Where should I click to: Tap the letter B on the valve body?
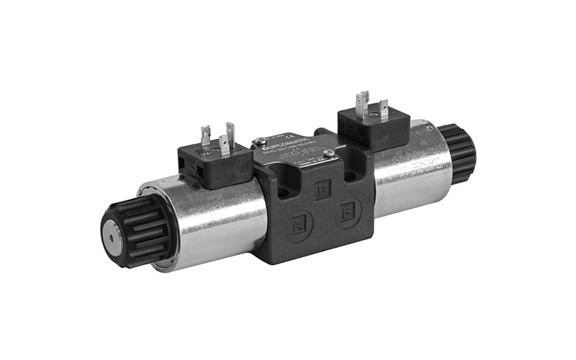coord(349,214)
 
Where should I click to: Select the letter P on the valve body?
coord(323,189)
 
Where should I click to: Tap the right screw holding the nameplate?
coord(328,153)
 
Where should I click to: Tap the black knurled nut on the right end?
coord(459,151)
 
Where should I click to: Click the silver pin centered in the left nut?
coord(113,233)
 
